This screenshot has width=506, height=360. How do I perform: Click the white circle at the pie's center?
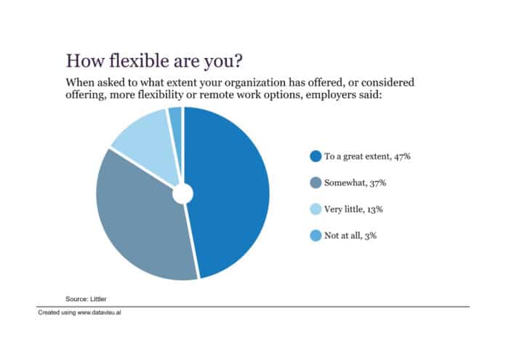coord(183,193)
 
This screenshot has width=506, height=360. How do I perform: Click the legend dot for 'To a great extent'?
coord(316,156)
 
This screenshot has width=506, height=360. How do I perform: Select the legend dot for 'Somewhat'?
coord(316,183)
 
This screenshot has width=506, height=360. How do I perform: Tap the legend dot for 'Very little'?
coord(316,209)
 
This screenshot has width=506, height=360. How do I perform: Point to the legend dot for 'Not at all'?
coord(316,236)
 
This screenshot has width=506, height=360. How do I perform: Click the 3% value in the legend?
coord(371,236)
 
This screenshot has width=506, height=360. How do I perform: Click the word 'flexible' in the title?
coord(140,60)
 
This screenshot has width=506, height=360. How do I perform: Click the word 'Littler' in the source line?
coord(98,299)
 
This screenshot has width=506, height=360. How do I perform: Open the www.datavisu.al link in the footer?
coord(100,313)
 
